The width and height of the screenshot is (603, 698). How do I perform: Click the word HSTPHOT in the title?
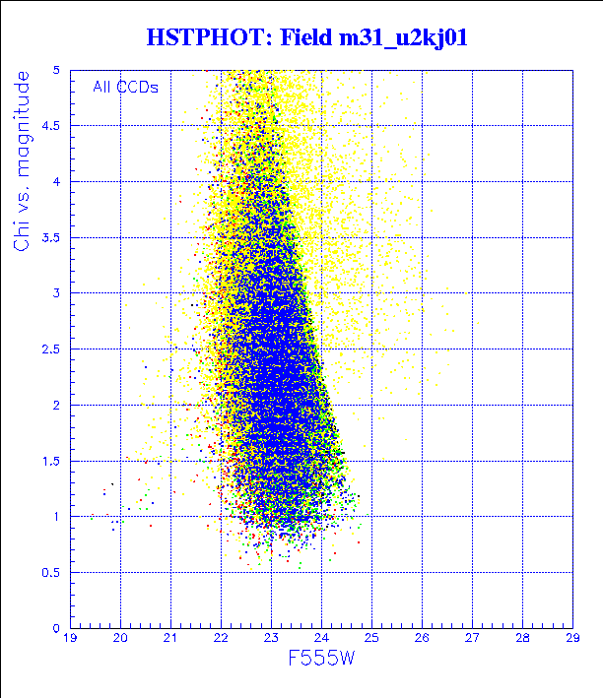point(206,38)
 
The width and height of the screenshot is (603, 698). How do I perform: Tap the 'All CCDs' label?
point(125,87)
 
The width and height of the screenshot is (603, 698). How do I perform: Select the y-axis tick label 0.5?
point(53,572)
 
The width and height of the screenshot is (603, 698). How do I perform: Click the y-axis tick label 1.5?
point(53,461)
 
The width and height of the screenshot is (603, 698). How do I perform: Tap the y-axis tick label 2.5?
point(53,349)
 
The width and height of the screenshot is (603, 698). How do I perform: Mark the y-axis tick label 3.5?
point(53,237)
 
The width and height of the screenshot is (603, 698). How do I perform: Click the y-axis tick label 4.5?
point(53,126)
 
